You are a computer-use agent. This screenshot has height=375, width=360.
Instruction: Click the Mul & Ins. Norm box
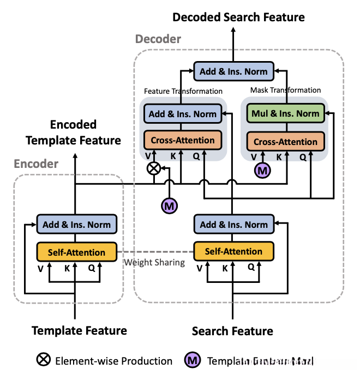(x=285, y=114)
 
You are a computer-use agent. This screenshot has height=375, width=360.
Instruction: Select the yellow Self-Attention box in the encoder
(x=76, y=252)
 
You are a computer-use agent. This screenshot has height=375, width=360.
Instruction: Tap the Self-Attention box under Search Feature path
(x=233, y=251)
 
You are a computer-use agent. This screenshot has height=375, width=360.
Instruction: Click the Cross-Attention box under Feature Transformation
(x=183, y=140)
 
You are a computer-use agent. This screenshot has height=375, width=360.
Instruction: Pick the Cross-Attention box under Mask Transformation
(x=285, y=142)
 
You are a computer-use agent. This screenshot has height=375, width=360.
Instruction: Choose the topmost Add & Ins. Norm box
(x=233, y=71)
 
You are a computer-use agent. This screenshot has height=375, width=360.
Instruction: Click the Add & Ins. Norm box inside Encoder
(x=76, y=225)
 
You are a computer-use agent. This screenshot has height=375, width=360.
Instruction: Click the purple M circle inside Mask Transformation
(x=263, y=171)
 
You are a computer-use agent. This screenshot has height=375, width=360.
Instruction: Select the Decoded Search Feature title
(x=238, y=17)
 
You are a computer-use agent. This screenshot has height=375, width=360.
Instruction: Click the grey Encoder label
(x=36, y=164)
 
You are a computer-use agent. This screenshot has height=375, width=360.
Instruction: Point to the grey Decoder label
(x=158, y=39)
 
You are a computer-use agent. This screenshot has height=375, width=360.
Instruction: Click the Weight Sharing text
(x=155, y=262)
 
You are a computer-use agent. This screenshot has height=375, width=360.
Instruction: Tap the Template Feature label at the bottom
(x=80, y=330)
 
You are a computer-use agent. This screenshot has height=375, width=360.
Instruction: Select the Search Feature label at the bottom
(x=233, y=331)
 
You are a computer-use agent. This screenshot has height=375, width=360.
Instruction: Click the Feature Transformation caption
(x=183, y=91)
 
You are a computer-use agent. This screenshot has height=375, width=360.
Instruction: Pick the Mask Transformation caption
(x=285, y=90)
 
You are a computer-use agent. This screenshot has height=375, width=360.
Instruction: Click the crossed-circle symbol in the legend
(x=43, y=360)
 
